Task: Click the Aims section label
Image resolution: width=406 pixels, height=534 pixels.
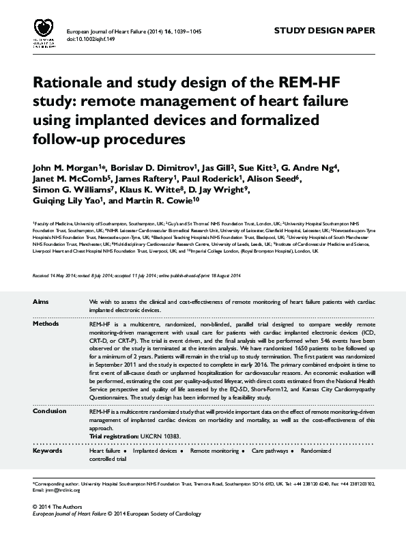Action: click(x=40, y=301)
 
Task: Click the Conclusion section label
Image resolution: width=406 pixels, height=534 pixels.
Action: click(x=50, y=411)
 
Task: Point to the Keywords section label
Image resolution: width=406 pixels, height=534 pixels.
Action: click(x=48, y=451)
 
